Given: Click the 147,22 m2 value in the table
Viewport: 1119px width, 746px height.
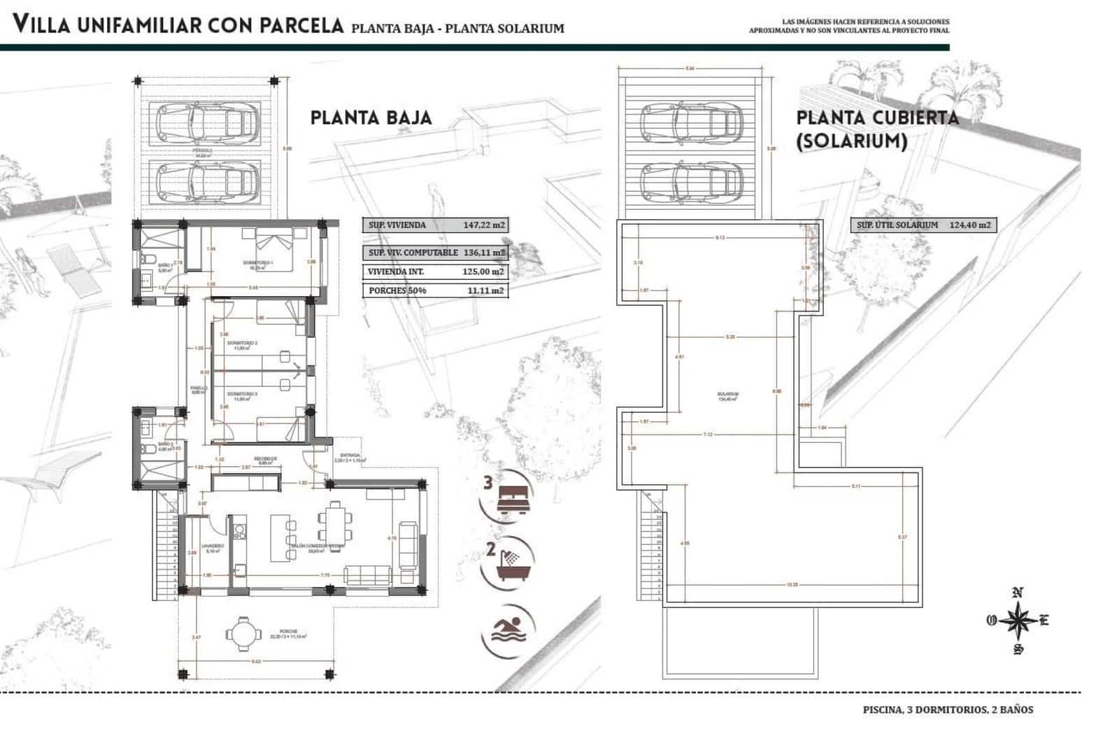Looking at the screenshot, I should tap(483, 225).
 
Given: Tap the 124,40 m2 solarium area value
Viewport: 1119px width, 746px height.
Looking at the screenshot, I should tap(970, 225).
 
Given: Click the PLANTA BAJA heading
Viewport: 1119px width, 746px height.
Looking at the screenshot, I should tap(371, 118).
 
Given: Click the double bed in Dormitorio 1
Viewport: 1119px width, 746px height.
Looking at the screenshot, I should tap(274, 241).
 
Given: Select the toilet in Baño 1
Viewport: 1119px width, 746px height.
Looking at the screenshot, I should tap(148, 260).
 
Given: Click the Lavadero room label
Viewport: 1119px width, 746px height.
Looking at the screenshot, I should tap(212, 546).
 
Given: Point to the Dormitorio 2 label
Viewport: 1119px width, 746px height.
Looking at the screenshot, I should tap(245, 343).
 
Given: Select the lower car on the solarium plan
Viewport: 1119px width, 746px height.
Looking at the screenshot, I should tap(691, 181).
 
